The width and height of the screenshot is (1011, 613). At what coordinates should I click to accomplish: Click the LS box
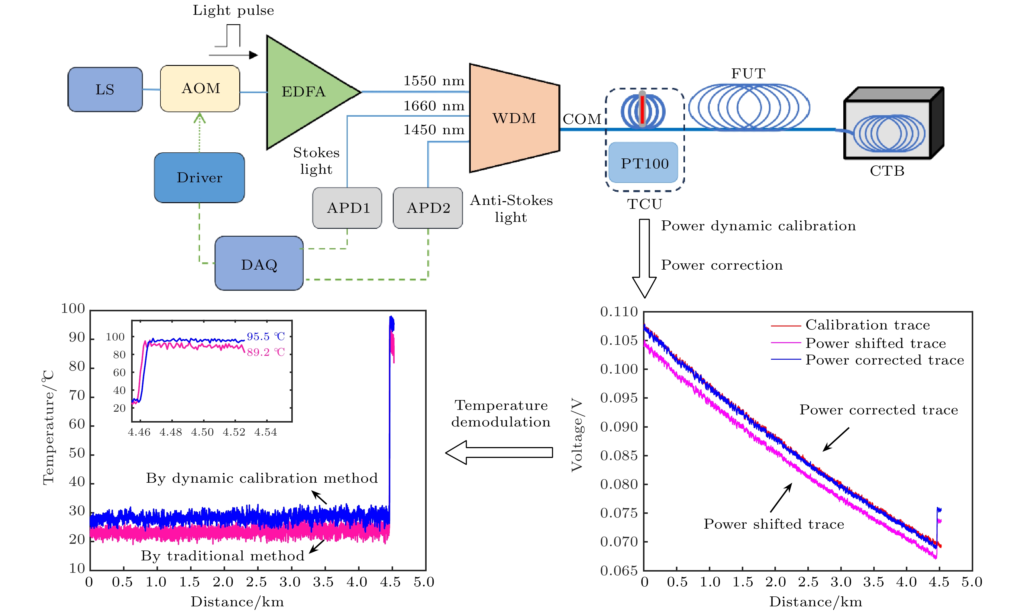point(105,89)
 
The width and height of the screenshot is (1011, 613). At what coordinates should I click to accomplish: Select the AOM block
point(200,88)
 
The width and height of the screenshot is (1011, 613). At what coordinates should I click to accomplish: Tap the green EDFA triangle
point(304,92)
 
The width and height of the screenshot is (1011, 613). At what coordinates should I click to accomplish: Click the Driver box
point(199,178)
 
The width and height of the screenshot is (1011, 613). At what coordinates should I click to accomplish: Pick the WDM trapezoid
point(514,118)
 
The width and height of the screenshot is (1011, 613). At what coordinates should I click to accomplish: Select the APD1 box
point(347,208)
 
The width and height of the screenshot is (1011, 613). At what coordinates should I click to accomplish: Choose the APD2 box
point(428,208)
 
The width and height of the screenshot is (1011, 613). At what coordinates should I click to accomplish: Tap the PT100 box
point(644,163)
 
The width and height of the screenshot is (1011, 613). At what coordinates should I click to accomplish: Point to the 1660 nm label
point(434,106)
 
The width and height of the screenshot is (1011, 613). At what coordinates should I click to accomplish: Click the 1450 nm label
point(434,130)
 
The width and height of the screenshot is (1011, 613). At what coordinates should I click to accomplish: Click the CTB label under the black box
point(887,171)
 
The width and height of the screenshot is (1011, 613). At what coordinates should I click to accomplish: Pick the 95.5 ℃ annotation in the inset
point(266,337)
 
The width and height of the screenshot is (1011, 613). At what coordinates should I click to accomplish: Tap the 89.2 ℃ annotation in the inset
point(266,352)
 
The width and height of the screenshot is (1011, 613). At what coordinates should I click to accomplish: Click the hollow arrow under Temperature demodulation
point(499,452)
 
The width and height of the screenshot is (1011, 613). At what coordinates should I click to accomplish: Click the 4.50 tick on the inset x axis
point(202,432)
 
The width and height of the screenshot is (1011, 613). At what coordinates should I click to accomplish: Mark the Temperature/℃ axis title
point(48,427)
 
